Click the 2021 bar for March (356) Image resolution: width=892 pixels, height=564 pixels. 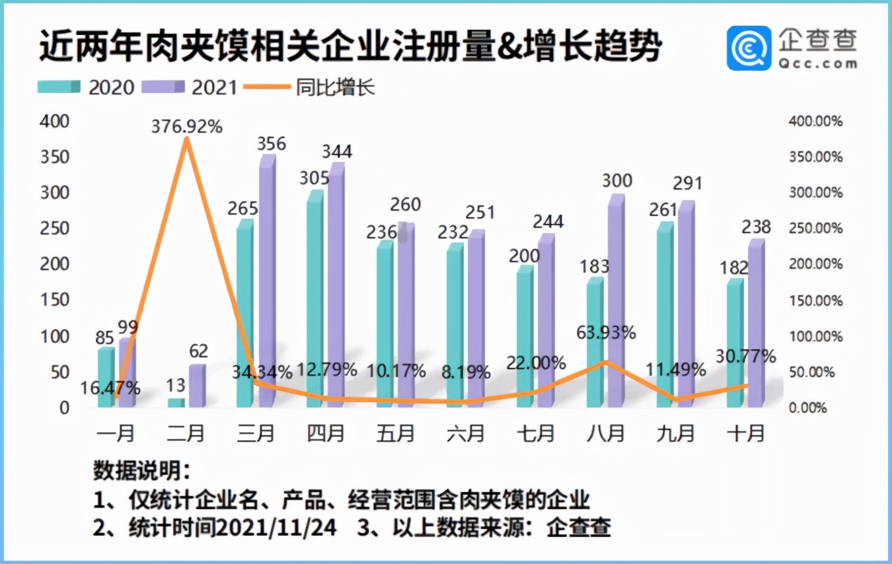(267, 284)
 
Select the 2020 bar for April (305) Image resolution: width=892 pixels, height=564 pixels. (315, 300)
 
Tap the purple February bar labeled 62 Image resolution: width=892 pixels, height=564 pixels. (197, 386)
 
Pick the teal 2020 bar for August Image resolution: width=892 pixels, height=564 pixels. (595, 343)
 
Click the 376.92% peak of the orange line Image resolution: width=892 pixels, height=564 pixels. (187, 138)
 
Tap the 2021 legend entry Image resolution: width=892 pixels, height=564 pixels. (193, 87)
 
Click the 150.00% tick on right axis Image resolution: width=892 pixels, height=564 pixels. (817, 300)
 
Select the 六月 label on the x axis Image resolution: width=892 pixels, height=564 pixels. (466, 434)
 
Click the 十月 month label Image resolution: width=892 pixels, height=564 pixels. (746, 434)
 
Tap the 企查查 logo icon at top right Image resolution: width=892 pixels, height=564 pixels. (749, 48)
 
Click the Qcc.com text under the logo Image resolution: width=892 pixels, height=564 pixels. (817, 63)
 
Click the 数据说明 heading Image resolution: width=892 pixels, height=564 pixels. (140, 472)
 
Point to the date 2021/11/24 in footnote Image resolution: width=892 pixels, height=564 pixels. (278, 528)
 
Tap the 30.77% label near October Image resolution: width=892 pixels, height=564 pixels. (745, 357)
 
